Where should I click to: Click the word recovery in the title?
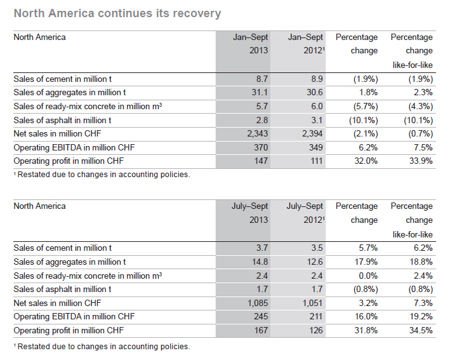[197, 13]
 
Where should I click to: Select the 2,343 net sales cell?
[258, 134]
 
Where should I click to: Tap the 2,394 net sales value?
[312, 134]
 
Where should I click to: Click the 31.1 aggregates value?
[260, 93]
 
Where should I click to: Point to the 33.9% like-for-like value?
[421, 161]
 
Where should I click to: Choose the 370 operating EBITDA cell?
[261, 147]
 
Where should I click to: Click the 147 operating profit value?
[261, 161]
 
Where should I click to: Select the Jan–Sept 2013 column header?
[250, 44]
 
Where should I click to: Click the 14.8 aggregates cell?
[260, 262]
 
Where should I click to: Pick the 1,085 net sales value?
[258, 303]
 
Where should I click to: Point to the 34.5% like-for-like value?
[421, 330]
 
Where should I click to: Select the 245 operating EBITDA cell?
[261, 317]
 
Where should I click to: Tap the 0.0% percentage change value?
[368, 276]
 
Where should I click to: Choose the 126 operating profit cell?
[316, 330]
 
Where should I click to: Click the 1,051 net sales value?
[312, 303]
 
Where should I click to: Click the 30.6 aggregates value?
[314, 93]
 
